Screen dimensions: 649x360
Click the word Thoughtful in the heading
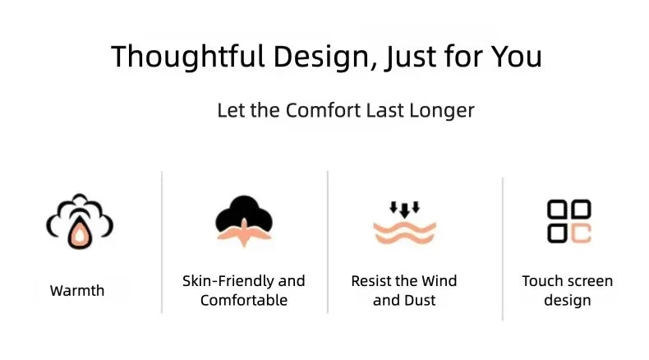click(x=188, y=57)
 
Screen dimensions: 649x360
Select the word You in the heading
click(x=517, y=56)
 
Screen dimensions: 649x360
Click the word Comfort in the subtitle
click(x=323, y=110)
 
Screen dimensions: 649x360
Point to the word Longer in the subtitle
click(x=442, y=111)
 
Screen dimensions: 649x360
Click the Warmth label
click(x=77, y=290)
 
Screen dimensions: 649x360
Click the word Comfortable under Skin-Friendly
click(x=244, y=300)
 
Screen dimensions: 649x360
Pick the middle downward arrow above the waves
click(x=404, y=210)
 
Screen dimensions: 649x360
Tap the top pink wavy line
click(x=404, y=228)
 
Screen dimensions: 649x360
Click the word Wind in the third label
click(x=440, y=281)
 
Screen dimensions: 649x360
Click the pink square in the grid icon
click(x=581, y=233)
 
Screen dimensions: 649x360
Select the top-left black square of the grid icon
click(x=557, y=209)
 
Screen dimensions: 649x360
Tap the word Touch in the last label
click(x=541, y=281)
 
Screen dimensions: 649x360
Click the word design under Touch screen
click(x=568, y=301)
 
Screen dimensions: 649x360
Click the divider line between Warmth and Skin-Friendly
click(x=162, y=242)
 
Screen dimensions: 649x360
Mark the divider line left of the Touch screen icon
click(x=503, y=248)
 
